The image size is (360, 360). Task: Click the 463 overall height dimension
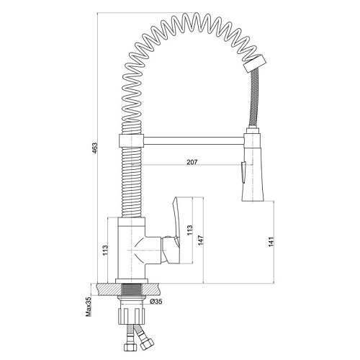pos(96,148)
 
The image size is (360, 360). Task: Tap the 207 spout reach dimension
pos(192,162)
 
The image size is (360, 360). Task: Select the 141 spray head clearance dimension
pos(271,242)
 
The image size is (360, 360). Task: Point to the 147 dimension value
pos(201,240)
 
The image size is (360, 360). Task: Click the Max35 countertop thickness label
pos(89,307)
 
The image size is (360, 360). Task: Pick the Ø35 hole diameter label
pos(156,302)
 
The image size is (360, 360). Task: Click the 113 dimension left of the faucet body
pos(105,250)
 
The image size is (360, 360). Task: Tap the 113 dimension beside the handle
pos(190,230)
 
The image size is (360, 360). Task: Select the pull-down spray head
pos(252,165)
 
